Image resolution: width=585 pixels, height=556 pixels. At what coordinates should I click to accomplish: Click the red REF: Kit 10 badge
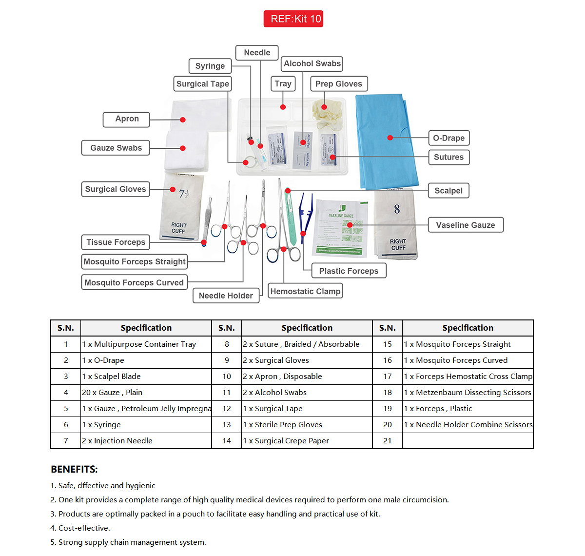coord(293,19)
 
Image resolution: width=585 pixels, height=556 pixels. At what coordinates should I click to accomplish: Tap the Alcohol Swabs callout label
coord(312,64)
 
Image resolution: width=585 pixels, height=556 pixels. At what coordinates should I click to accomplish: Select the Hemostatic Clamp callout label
coord(305,291)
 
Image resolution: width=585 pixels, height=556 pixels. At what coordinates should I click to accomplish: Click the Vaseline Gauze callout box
coord(465,225)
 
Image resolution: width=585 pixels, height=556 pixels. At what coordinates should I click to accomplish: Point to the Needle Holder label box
coord(226,296)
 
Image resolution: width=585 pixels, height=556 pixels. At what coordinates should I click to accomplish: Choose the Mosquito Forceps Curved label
coord(134,282)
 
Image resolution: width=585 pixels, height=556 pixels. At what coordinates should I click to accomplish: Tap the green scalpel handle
coord(291,219)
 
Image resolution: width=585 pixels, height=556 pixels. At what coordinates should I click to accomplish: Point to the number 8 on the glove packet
coord(397,209)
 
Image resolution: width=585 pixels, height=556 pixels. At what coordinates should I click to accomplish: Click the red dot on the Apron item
coord(182,119)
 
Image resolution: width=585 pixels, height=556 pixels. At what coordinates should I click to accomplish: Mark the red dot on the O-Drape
coord(390,138)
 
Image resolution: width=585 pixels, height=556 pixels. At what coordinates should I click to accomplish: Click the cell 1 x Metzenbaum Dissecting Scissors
coord(468,393)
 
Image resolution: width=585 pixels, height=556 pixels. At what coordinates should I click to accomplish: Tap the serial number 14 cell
coord(227,441)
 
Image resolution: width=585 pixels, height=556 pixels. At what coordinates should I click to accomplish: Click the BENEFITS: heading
coord(74,469)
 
